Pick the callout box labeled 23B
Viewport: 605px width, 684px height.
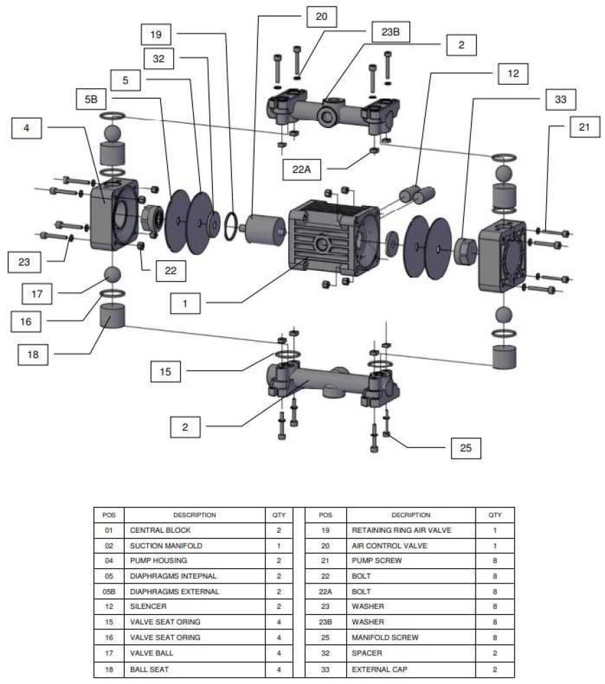(385, 31)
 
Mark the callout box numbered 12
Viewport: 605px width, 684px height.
(513, 73)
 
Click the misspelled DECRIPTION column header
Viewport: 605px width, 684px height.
(411, 515)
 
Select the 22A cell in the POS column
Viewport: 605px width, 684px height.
(326, 591)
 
